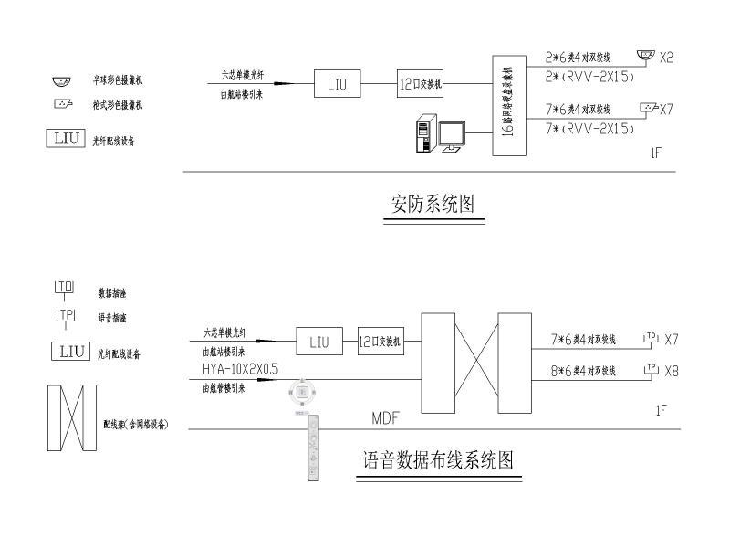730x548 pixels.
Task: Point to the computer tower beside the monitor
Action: pos(422,134)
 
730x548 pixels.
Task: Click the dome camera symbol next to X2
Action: pos(646,56)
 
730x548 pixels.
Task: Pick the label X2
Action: pos(666,58)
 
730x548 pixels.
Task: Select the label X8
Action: pos(672,371)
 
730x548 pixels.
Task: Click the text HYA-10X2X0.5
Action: pos(241,368)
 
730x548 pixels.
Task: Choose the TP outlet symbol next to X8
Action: pos(651,369)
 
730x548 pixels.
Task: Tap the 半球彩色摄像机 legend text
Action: pos(117,80)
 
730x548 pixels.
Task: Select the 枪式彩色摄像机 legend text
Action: pos(117,105)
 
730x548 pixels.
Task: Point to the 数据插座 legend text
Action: pos(112,293)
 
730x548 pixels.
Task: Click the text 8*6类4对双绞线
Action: pos(583,371)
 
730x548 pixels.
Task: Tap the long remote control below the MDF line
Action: pos(315,448)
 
